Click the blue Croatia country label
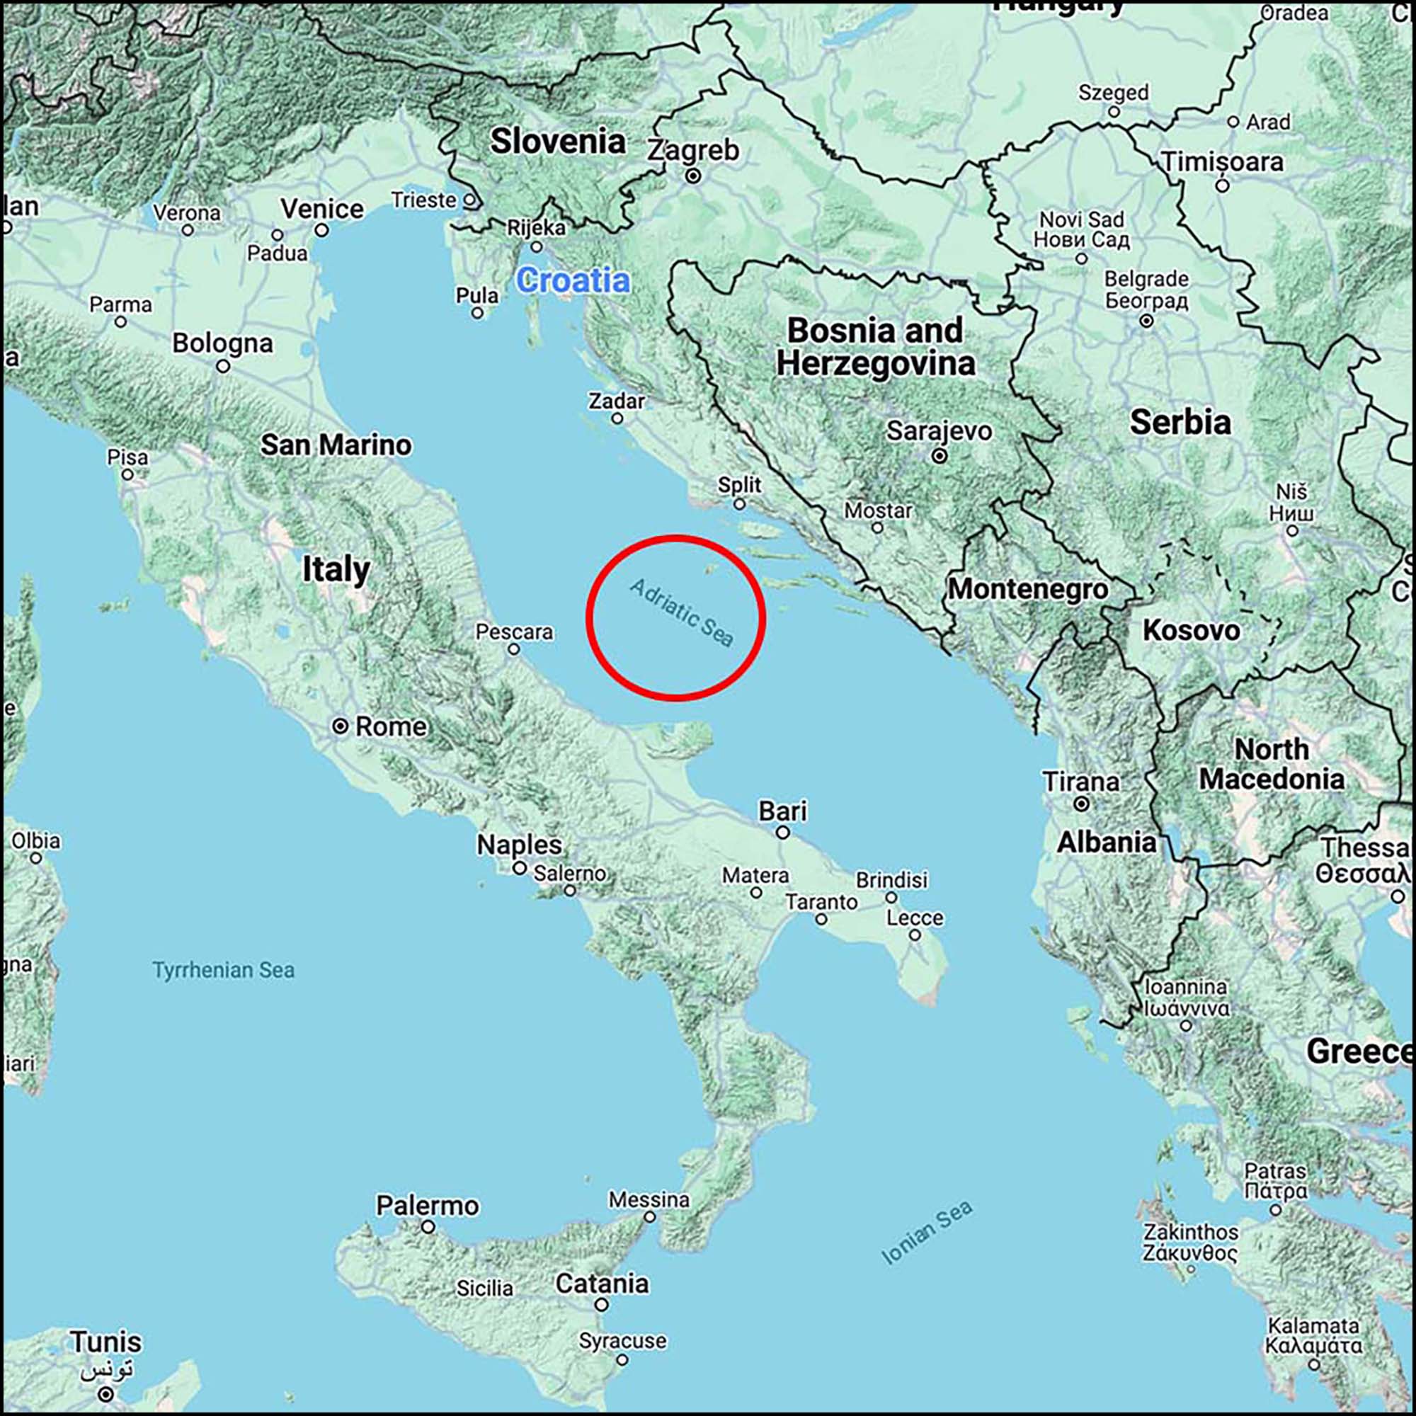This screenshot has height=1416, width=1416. (x=572, y=280)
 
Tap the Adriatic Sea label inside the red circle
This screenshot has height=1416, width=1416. (x=681, y=612)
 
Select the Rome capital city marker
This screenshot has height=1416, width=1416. (x=340, y=726)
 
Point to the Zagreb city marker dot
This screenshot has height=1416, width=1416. (x=692, y=176)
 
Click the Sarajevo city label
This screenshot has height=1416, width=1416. (x=939, y=431)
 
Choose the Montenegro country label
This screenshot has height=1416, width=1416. (x=1027, y=588)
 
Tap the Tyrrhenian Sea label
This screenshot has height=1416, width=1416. (x=224, y=970)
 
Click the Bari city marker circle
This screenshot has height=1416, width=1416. (x=783, y=833)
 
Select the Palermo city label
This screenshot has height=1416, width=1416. (x=428, y=1205)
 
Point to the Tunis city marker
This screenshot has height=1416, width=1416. (x=107, y=1393)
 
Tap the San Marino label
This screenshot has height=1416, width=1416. (x=336, y=444)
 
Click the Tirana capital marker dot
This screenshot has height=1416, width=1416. (x=1081, y=804)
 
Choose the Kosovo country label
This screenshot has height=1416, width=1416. (x=1191, y=629)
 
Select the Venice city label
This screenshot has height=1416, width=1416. (x=321, y=209)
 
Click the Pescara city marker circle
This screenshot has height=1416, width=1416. (x=514, y=649)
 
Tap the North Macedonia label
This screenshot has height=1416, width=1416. (x=1272, y=764)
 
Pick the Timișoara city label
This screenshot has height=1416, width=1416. (x=1222, y=162)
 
